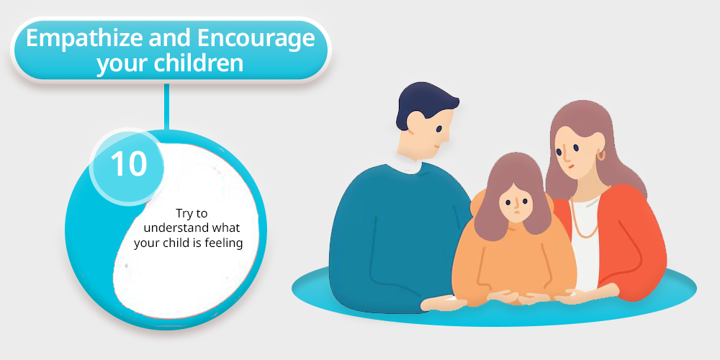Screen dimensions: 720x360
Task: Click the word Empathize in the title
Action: point(84,39)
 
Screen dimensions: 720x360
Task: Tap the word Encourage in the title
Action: point(256,40)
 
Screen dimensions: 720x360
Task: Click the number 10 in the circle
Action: point(129,164)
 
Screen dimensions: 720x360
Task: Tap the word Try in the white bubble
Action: point(186,214)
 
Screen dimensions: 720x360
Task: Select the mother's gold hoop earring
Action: point(601,156)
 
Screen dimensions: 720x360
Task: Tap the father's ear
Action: point(415,122)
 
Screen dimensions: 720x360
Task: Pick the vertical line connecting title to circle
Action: point(167,107)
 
